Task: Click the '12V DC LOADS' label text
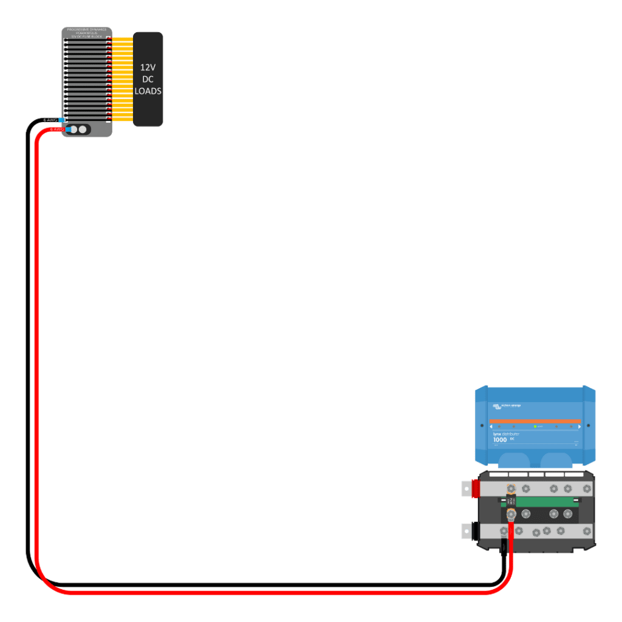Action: tap(148, 79)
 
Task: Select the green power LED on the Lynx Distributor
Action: tap(535, 426)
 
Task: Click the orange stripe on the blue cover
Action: tap(535, 420)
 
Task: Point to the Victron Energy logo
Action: tap(507, 405)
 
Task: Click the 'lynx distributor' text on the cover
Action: tap(506, 434)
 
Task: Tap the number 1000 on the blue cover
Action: tap(500, 440)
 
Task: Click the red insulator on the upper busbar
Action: tap(476, 488)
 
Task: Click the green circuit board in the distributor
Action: tap(547, 502)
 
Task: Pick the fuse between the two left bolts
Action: tap(511, 502)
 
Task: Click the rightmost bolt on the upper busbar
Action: tap(587, 488)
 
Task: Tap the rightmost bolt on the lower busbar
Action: tap(587, 531)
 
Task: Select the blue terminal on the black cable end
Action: tap(62, 120)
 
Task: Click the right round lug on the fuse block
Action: tap(83, 129)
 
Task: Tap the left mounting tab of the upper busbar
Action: tap(466, 488)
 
